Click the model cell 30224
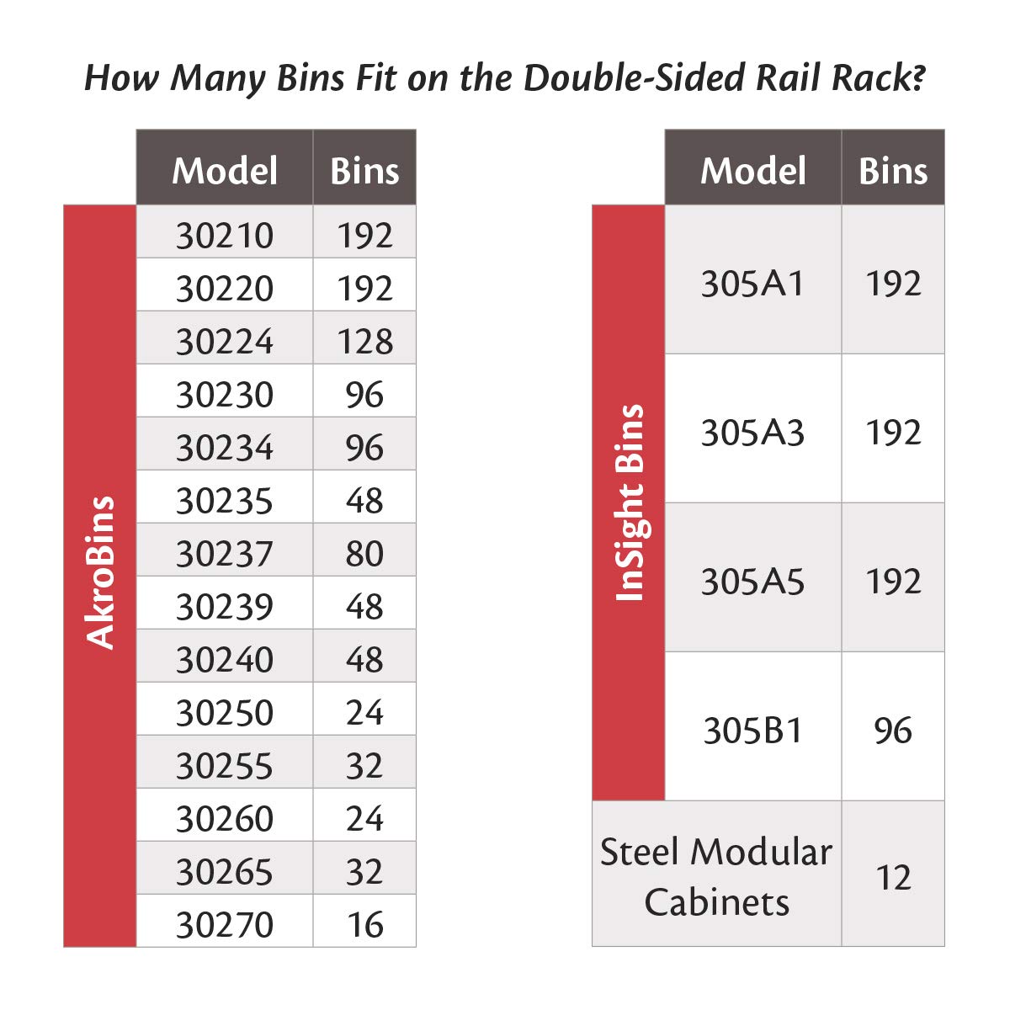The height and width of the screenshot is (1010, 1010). (x=225, y=342)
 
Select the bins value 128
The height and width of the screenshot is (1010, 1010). (x=364, y=342)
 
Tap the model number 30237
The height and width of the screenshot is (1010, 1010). (x=225, y=554)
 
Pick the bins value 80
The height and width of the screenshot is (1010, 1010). (x=364, y=554)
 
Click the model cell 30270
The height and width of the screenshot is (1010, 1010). (x=225, y=925)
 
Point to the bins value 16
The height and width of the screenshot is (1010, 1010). (x=364, y=925)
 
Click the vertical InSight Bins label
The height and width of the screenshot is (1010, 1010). (x=629, y=503)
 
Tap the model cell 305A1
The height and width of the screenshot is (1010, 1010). (x=752, y=284)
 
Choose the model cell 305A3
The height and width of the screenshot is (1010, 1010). (x=752, y=433)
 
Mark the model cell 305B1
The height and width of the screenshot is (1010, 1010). (x=752, y=731)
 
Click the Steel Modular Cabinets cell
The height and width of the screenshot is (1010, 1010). (x=716, y=877)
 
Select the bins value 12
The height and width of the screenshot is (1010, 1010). (x=893, y=878)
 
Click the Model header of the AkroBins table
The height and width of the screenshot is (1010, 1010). (x=225, y=170)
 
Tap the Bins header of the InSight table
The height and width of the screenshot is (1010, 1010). (x=893, y=170)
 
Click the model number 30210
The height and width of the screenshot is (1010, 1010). (x=225, y=236)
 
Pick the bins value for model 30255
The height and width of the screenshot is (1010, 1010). (x=364, y=766)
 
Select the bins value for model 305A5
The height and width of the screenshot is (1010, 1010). (x=893, y=582)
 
